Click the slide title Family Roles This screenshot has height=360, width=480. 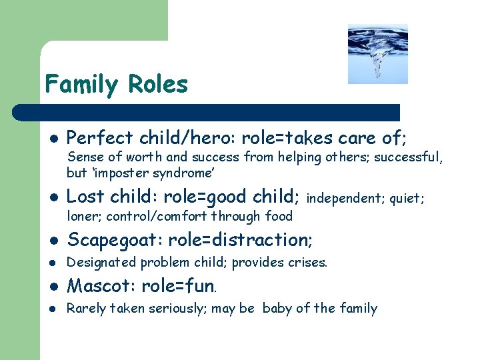tap(117, 85)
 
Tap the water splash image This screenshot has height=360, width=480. tap(377, 54)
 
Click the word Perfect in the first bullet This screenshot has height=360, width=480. tap(100, 138)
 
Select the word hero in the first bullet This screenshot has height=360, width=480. tap(215, 138)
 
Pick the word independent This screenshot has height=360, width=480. tap(344, 198)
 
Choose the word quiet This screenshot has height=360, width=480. tap(407, 198)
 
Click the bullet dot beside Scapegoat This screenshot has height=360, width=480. tap(53, 240)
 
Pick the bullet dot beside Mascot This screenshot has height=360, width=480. tap(53, 287)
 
